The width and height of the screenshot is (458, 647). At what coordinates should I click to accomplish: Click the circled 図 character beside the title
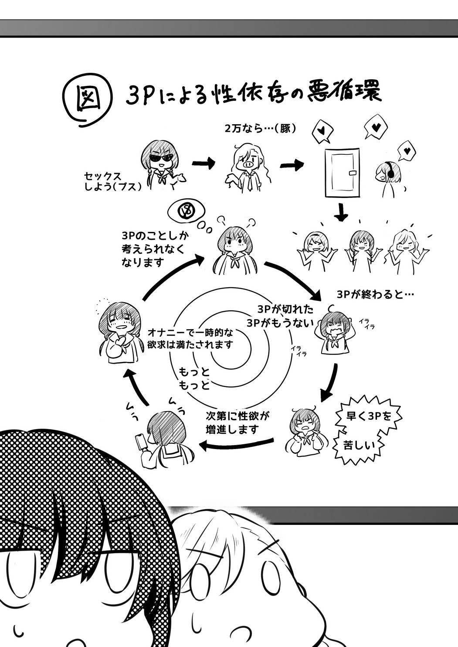click(x=88, y=100)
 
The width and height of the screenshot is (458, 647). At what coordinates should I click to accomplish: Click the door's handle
click(x=353, y=173)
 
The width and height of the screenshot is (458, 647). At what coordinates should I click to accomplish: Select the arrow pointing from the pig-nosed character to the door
click(x=292, y=165)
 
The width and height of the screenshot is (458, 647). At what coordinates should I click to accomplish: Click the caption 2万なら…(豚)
click(x=261, y=129)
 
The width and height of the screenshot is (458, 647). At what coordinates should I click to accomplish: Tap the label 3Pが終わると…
click(x=375, y=295)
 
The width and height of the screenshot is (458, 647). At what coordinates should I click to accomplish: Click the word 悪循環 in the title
click(x=345, y=95)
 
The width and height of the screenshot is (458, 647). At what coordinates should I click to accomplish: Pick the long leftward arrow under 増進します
click(x=236, y=445)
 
